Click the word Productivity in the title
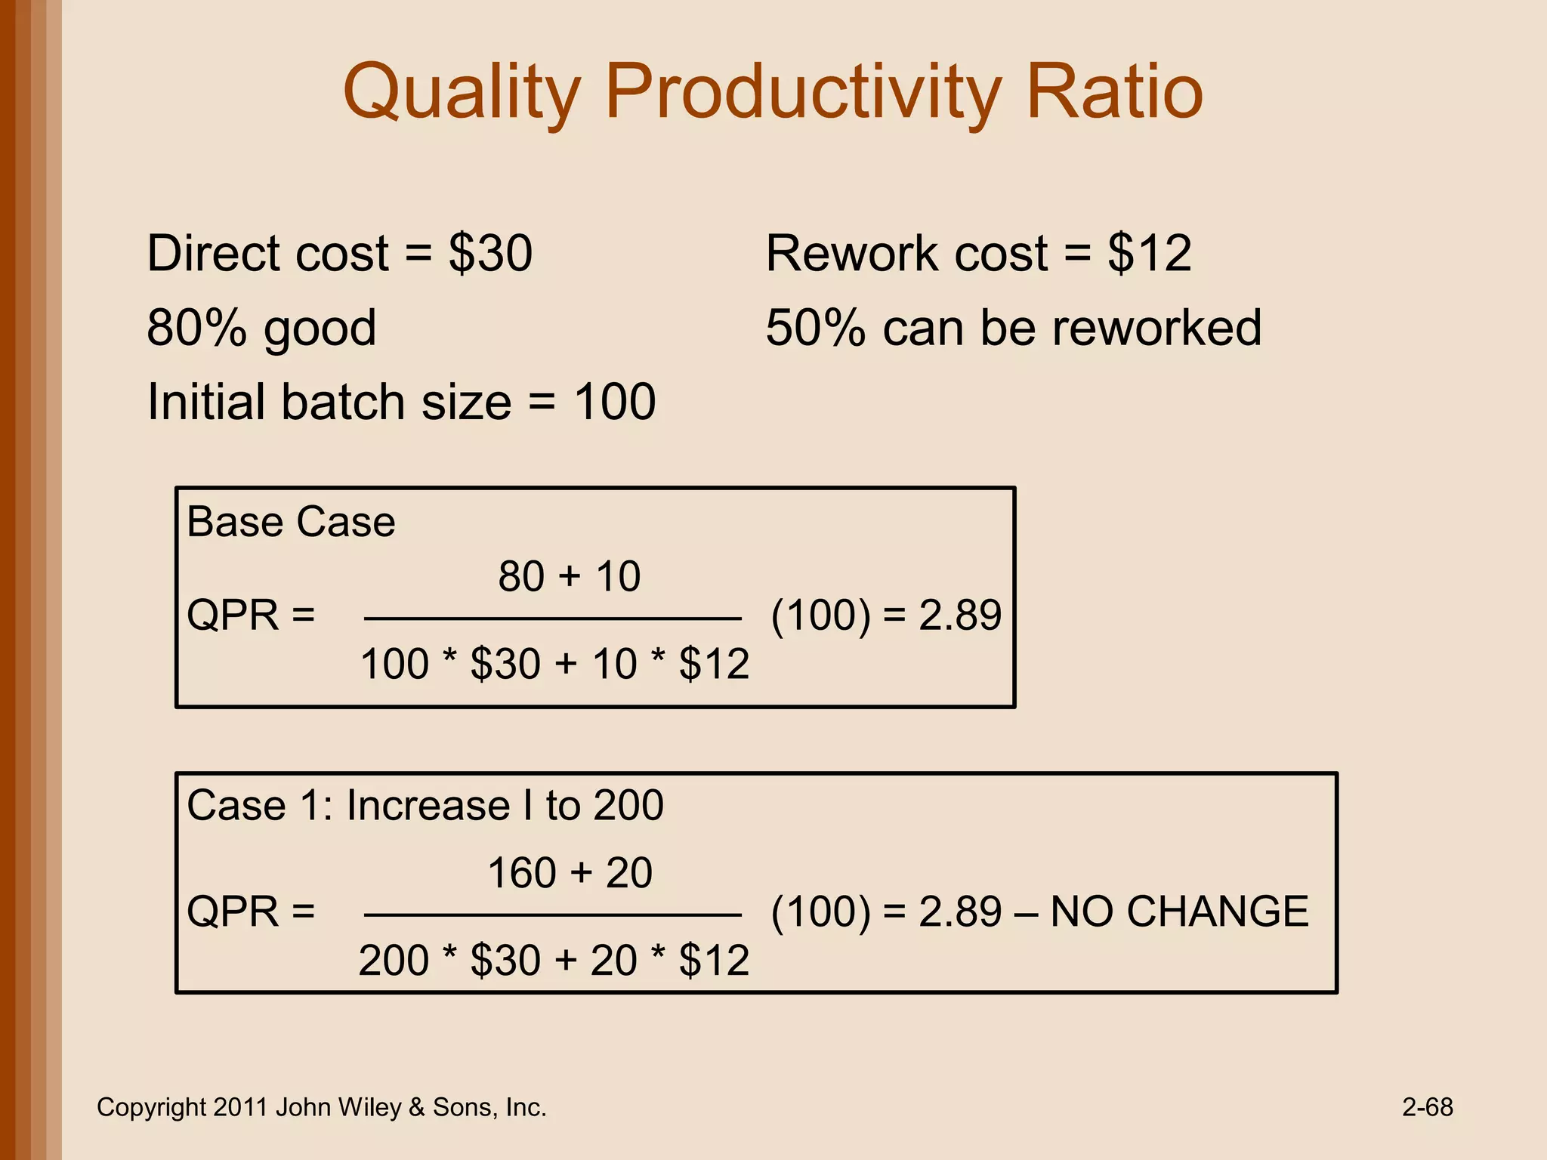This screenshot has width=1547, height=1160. tap(804, 94)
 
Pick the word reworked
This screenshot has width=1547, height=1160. tap(1156, 328)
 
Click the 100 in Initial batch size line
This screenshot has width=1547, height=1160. tap(614, 402)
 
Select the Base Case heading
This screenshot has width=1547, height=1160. tap(291, 522)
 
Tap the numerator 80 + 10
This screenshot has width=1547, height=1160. tap(569, 577)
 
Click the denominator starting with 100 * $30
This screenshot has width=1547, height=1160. tap(554, 665)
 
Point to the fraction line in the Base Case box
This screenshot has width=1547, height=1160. tap(552, 619)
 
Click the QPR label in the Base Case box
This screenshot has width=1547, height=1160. tap(233, 615)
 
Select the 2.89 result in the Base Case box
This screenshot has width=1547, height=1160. tap(960, 615)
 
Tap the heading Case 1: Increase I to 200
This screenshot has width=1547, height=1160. tap(425, 805)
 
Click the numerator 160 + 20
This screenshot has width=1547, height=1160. tap(569, 873)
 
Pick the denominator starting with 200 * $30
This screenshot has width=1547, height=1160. tap(554, 961)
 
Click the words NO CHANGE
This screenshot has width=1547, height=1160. tap(1179, 912)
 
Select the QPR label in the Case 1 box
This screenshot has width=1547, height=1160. tap(233, 912)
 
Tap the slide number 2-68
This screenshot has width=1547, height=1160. tap(1427, 1107)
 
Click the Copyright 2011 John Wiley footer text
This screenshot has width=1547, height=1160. tap(321, 1107)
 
